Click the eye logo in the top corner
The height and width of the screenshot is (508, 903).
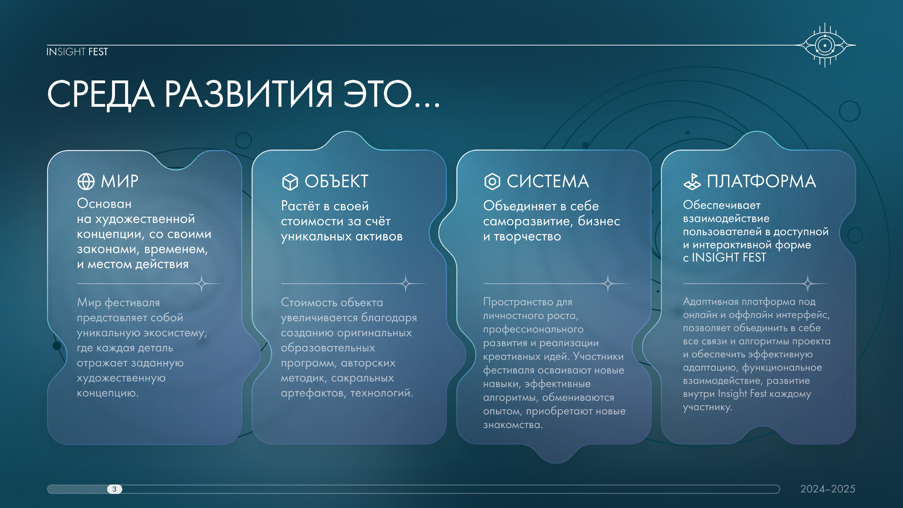(825, 45)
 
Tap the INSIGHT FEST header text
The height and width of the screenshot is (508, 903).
(77, 52)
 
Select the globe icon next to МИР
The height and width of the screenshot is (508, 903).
(86, 182)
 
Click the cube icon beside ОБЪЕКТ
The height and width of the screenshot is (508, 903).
(290, 182)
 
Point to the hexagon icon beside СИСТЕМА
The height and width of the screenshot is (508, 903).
(492, 182)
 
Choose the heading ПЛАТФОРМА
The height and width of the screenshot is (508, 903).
(761, 182)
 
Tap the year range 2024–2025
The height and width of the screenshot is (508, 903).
(828, 489)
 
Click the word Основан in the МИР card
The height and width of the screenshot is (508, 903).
(104, 204)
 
